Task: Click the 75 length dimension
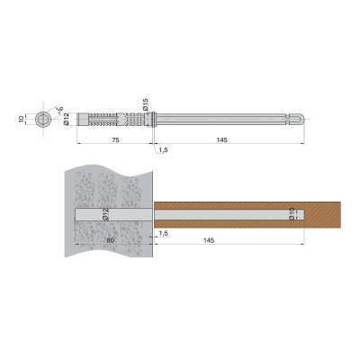[x=116, y=139]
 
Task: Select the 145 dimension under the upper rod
[x=221, y=139]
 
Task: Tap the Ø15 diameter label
[x=146, y=104]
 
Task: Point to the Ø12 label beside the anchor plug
[x=67, y=119]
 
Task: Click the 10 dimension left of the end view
[x=21, y=119]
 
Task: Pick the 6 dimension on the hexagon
[x=60, y=109]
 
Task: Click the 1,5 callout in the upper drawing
[x=163, y=150]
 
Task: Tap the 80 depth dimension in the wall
[x=111, y=240]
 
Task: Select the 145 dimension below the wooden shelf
[x=209, y=240]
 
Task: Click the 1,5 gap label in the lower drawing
[x=163, y=233]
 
